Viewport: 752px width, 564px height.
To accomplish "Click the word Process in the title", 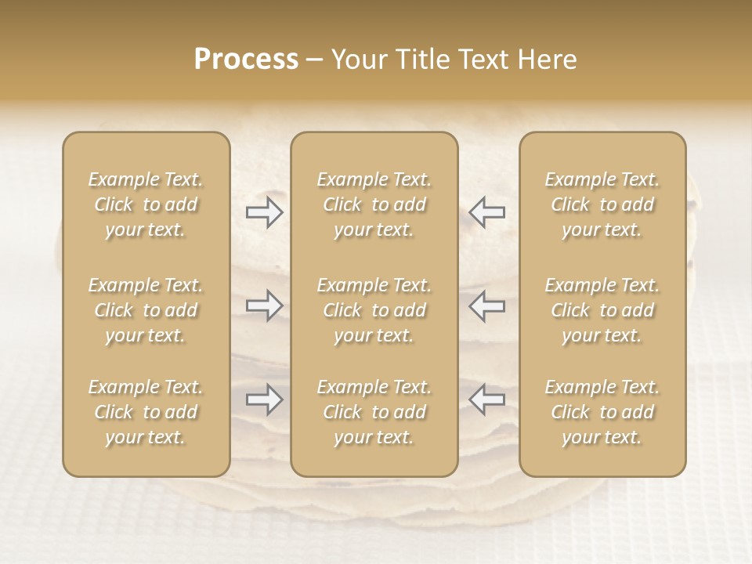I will (246, 60).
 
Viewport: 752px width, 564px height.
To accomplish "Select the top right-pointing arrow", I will (265, 212).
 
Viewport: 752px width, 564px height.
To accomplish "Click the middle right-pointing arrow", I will (265, 305).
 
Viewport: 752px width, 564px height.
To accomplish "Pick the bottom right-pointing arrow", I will (265, 399).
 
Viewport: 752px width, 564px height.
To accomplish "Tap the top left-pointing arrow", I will (486, 212).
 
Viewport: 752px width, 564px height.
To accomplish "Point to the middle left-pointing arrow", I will (486, 305).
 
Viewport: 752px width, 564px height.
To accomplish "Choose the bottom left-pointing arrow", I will (486, 399).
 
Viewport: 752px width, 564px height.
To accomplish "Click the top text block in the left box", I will (146, 204).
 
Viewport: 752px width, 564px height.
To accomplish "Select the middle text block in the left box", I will (146, 310).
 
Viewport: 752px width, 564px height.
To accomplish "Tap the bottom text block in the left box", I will (146, 412).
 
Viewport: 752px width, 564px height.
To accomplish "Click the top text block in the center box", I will (374, 204).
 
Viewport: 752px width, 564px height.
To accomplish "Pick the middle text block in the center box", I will (374, 310).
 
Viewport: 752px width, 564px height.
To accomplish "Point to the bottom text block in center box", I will (374, 412).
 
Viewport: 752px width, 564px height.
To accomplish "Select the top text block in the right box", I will (602, 204).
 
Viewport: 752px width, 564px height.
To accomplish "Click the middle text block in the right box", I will (602, 310).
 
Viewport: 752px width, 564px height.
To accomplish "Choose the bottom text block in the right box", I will (602, 412).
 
